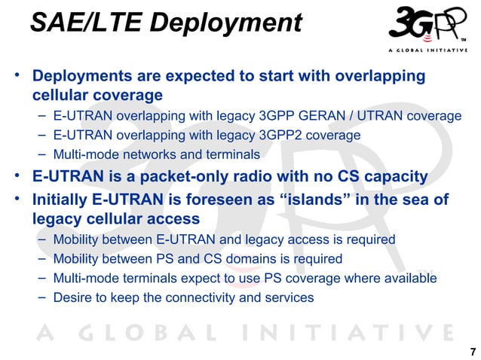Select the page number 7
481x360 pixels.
pos(472,352)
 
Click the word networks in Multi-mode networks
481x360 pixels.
pos(149,155)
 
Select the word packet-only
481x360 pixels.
pos(195,177)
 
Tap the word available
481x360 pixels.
pos(410,278)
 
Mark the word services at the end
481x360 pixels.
pos(290,297)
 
